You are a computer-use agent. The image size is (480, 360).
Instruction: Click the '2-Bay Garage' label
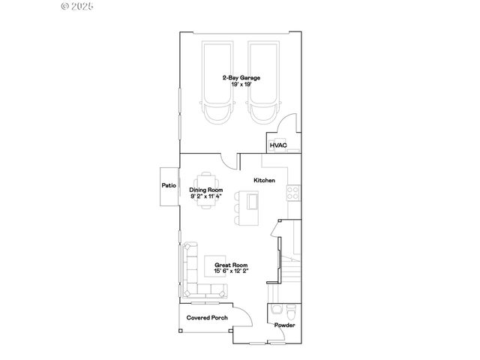[235, 77]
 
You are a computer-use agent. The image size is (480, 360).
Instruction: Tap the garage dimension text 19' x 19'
[235, 85]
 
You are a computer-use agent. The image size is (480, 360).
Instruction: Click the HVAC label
[277, 145]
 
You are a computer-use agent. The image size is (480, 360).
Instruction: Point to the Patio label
[169, 185]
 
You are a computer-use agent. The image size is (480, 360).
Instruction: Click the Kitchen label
[265, 181]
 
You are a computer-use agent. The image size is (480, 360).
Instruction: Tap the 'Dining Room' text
[206, 190]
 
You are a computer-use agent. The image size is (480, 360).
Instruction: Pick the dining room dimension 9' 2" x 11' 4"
[206, 196]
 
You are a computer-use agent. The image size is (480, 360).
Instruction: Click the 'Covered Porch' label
[207, 318]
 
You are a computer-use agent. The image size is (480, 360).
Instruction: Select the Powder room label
[284, 325]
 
